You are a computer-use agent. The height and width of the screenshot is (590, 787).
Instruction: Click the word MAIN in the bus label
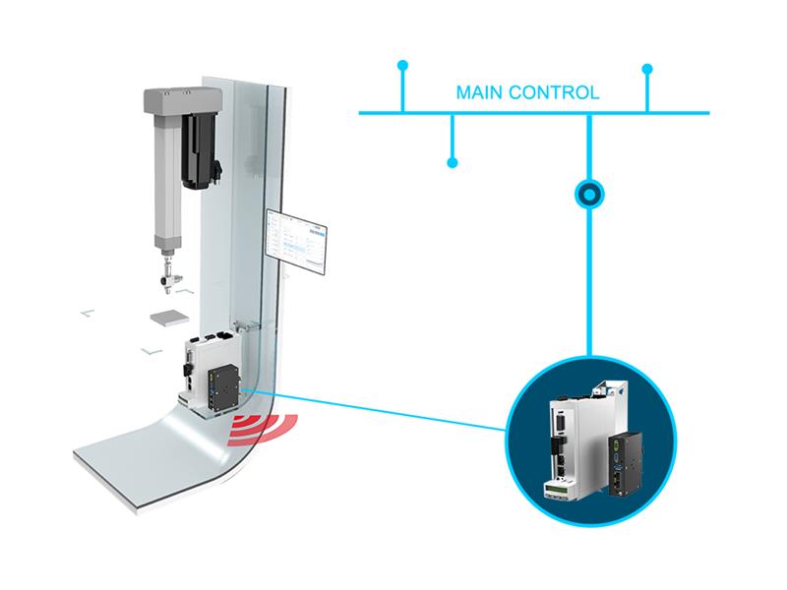(478, 95)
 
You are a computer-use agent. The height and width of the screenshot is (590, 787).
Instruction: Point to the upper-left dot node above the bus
(401, 66)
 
